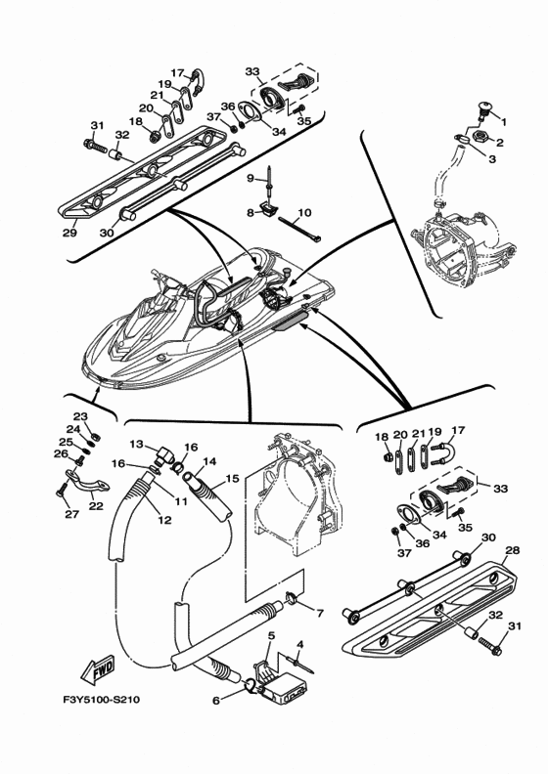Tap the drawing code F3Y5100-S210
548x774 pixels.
pyautogui.click(x=102, y=700)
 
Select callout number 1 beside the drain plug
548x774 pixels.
pyautogui.click(x=504, y=120)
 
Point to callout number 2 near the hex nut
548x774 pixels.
pyautogui.click(x=500, y=143)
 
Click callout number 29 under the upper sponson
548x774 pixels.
pyautogui.click(x=69, y=232)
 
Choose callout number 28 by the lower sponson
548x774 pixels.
pyautogui.click(x=513, y=550)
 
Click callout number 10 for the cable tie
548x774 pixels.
pyautogui.click(x=305, y=213)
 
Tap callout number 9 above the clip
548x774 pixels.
pyautogui.click(x=251, y=178)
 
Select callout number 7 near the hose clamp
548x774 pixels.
pyautogui.click(x=320, y=614)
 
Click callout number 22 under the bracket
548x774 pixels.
pyautogui.click(x=96, y=505)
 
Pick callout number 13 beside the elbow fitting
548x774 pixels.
pyautogui.click(x=136, y=445)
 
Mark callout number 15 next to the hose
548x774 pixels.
pyautogui.click(x=232, y=478)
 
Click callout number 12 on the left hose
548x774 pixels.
pyautogui.click(x=164, y=519)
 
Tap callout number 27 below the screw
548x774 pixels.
pyautogui.click(x=72, y=514)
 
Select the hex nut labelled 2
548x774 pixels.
pyautogui.click(x=480, y=136)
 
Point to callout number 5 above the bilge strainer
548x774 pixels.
pyautogui.click(x=271, y=636)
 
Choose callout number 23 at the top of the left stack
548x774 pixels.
pyautogui.click(x=80, y=417)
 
